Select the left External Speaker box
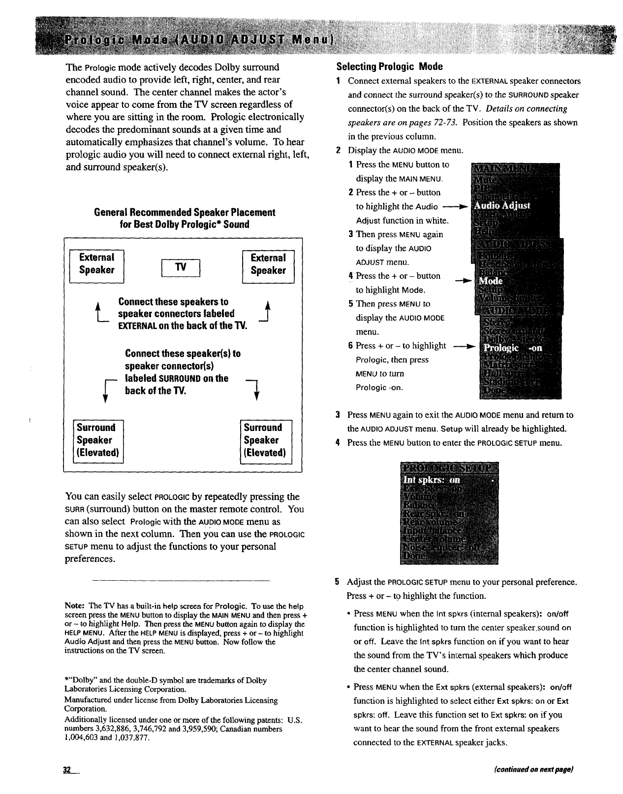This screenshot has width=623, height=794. (x=97, y=264)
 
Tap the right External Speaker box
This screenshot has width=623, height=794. (x=268, y=265)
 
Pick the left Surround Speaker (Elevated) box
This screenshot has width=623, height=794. (x=98, y=440)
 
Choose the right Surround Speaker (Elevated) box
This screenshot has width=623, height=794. (x=265, y=440)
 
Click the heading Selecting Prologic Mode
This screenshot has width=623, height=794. (x=389, y=66)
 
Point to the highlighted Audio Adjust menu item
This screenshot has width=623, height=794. (x=502, y=206)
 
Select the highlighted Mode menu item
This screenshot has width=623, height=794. (x=491, y=281)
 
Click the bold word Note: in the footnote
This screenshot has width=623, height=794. (x=75, y=606)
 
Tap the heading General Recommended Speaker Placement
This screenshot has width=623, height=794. (x=184, y=212)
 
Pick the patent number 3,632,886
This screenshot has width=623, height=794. (x=115, y=728)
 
